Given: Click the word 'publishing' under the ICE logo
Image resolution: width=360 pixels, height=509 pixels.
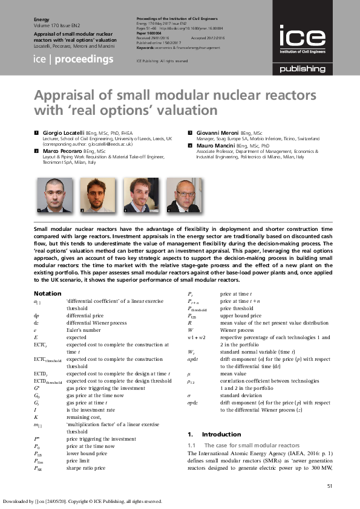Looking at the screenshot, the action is pos(302,70).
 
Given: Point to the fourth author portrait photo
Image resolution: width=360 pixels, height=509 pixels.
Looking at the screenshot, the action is pos(184,195).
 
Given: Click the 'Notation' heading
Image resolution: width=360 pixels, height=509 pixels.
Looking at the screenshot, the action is pos(46,294).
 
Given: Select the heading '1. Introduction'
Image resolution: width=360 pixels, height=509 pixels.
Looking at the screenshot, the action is pos(205,434).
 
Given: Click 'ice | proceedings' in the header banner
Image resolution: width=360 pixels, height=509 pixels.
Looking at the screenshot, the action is pos(73,59).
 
